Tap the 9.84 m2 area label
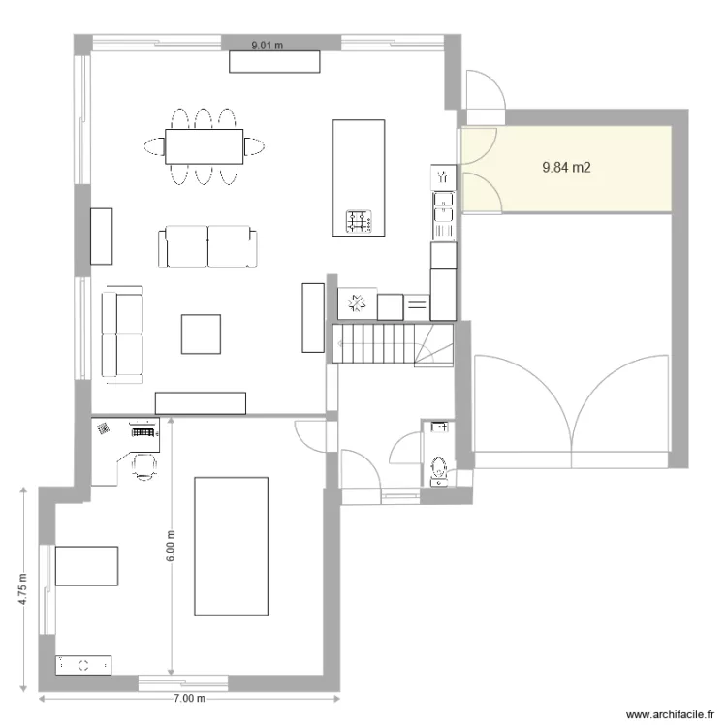pos(567,168)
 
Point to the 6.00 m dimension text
pos(171,547)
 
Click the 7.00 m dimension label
pos(189,698)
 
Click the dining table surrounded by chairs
pos(204,146)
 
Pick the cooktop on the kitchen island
pos(358,222)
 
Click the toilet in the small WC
pos(437,466)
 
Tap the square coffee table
pos(203,333)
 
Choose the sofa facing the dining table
pos(208,247)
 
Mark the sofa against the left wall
pos(122,332)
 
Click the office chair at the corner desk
pos(143,466)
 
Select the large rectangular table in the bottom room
pos(231,545)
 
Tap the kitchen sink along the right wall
pos(443,208)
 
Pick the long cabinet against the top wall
pos(274,60)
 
